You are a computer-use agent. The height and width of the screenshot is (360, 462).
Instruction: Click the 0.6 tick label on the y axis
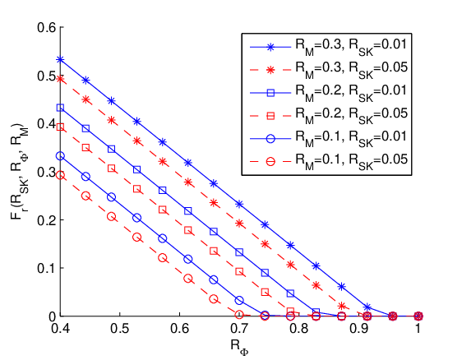pyautogui.click(x=46, y=27)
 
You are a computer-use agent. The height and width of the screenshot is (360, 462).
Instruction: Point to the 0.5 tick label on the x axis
pyautogui.click(x=120, y=329)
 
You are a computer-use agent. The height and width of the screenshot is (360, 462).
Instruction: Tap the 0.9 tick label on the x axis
pyautogui.click(x=359, y=329)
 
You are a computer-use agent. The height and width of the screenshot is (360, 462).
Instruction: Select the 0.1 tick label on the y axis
pyautogui.click(x=46, y=269)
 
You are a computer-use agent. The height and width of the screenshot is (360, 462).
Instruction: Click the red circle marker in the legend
pyautogui.click(x=270, y=161)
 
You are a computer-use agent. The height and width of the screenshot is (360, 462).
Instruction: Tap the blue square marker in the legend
pyautogui.click(x=270, y=93)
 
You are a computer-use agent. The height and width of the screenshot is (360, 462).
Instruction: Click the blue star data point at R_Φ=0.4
pyautogui.click(x=60, y=59)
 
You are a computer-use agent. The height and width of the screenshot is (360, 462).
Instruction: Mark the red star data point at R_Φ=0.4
pyautogui.click(x=60, y=79)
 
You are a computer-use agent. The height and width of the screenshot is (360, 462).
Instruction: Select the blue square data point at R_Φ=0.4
pyautogui.click(x=60, y=108)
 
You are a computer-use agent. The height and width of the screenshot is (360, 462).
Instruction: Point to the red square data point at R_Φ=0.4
pyautogui.click(x=60, y=127)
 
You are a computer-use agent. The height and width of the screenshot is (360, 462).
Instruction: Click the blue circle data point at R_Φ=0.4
pyautogui.click(x=60, y=156)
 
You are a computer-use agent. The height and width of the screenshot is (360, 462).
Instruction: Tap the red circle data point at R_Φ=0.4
pyautogui.click(x=60, y=175)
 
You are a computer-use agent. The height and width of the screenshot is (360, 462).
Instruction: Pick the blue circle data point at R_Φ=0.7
pyautogui.click(x=239, y=300)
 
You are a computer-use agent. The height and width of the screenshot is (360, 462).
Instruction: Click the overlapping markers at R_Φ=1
pyautogui.click(x=418, y=316)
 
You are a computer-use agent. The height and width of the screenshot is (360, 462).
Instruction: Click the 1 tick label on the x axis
pyautogui.click(x=418, y=329)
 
